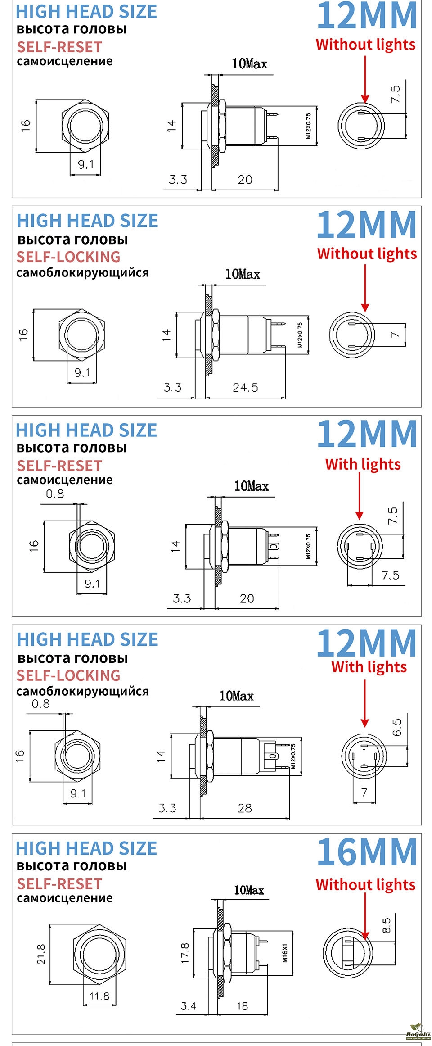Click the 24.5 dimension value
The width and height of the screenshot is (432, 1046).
[x=245, y=387]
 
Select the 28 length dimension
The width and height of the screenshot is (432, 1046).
[x=245, y=808]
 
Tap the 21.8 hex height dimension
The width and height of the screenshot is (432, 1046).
[x=41, y=954]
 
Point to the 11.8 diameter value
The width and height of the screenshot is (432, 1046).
[x=99, y=996]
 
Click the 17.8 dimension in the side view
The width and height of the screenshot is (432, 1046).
[x=185, y=954]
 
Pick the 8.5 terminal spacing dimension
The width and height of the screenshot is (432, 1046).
[x=387, y=926]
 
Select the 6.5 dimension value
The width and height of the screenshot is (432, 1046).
[x=397, y=727]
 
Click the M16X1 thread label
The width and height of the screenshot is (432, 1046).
[x=285, y=953]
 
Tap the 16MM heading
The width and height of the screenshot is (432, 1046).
[x=367, y=851]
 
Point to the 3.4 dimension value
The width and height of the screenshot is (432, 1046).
[x=189, y=1006]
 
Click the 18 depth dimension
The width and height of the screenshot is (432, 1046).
[x=242, y=1006]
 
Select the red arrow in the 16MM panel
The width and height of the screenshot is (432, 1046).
[x=365, y=916]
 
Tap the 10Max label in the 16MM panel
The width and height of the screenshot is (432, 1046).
[x=249, y=890]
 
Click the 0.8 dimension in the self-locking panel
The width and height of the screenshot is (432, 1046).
[x=40, y=704]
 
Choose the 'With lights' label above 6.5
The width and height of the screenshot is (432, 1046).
[x=369, y=667]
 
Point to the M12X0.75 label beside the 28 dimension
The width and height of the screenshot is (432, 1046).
[x=293, y=756]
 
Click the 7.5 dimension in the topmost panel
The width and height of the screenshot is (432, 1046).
[x=395, y=94]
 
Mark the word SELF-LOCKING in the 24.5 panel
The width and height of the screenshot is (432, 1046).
[x=68, y=257]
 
